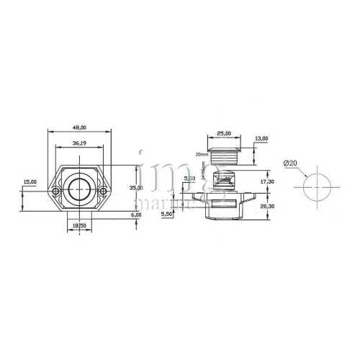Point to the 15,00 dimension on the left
point(30,182)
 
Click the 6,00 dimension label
point(136,215)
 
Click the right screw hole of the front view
point(104,191)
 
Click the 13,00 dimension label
point(261,138)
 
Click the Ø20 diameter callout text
point(291,163)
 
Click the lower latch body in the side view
point(224,208)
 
